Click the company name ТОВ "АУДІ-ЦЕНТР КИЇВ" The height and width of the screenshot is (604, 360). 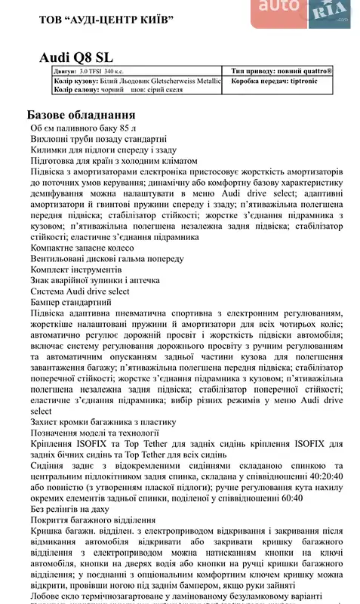coord(101,17)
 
